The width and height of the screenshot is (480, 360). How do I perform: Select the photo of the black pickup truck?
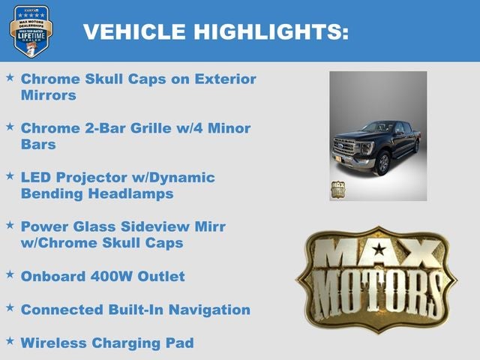click(378, 136)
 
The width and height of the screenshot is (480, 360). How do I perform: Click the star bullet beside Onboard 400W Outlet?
click(10, 275)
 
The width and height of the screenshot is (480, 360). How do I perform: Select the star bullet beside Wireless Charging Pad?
click(10, 341)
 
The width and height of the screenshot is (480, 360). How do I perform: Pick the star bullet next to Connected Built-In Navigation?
click(10, 308)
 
